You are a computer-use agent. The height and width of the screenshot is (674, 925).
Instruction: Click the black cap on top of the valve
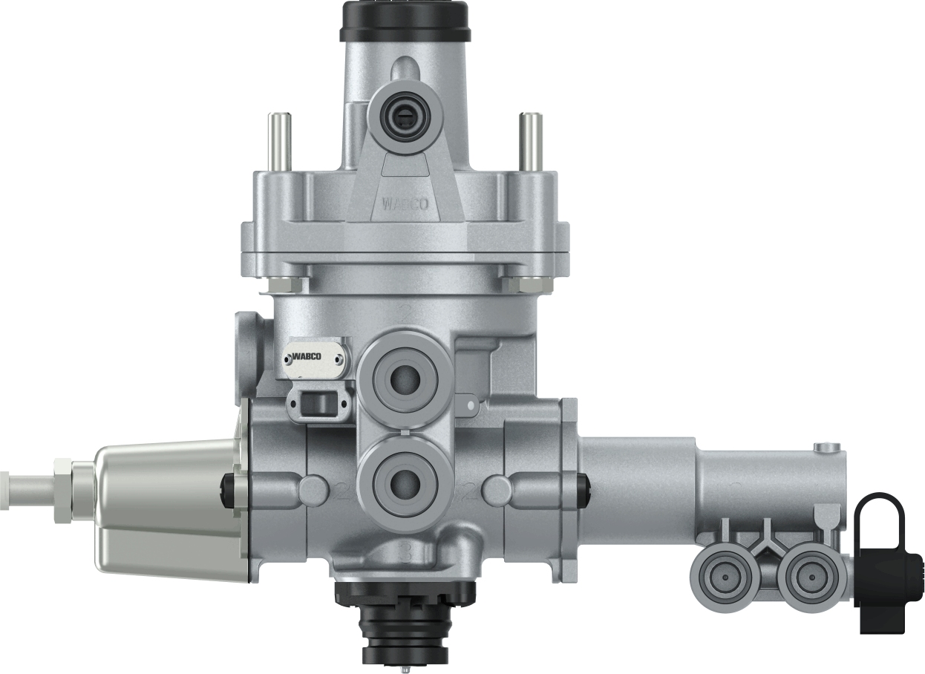click(x=404, y=21)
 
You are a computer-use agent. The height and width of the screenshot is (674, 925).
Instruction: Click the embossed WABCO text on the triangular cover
click(x=405, y=203)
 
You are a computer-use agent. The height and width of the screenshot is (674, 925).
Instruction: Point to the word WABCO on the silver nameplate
click(x=306, y=358)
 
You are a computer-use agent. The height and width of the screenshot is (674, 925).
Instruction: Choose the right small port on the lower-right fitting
click(x=806, y=575)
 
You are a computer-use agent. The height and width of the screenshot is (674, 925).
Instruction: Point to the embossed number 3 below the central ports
click(x=405, y=551)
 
